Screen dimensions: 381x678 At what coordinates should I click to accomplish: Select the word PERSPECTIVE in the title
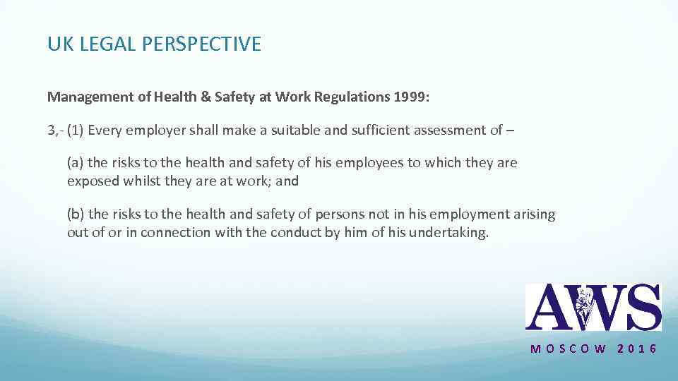click(x=202, y=44)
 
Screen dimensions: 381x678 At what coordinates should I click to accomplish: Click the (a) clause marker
click(x=76, y=163)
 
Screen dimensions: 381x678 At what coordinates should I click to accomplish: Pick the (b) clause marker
click(x=76, y=214)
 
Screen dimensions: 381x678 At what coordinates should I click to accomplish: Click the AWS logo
click(x=593, y=307)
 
